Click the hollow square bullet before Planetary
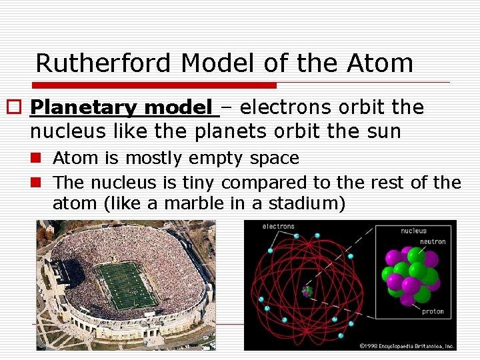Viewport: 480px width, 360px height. click(x=15, y=108)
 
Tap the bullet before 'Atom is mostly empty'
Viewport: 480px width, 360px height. click(x=39, y=159)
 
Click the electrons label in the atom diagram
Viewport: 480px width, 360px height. click(x=279, y=227)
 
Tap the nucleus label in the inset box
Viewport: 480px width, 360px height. click(x=413, y=231)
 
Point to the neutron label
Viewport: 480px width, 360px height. click(x=433, y=241)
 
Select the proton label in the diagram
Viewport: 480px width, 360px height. click(x=433, y=311)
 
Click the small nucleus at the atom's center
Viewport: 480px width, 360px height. click(x=307, y=291)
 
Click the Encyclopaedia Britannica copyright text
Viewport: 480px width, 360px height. click(x=406, y=346)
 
